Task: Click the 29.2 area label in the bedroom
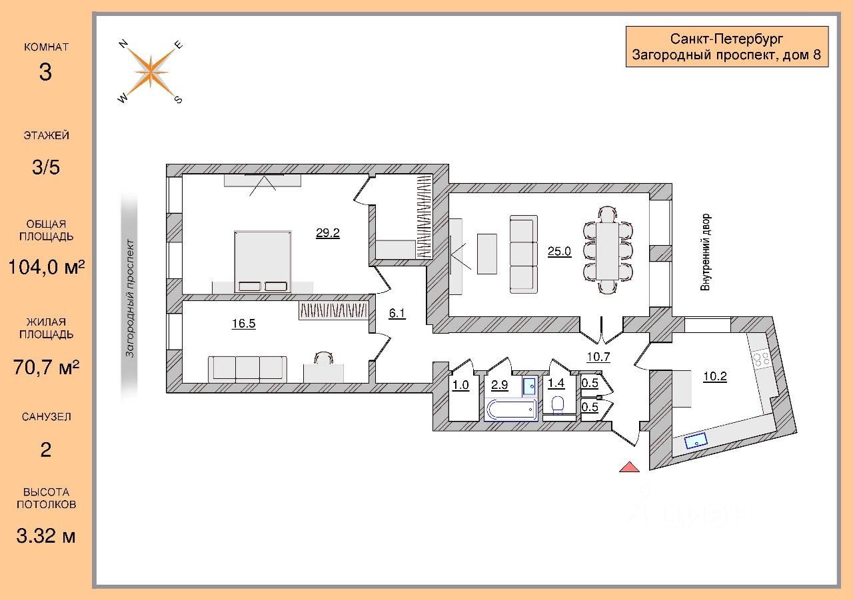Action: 327,233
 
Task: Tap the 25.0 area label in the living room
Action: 559,251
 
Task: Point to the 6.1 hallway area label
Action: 397,313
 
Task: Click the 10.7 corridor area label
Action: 598,357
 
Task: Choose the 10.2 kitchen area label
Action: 714,376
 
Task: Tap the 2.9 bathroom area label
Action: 500,384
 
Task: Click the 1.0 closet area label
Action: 460,384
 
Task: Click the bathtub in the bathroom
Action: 510,410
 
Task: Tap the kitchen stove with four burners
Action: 762,359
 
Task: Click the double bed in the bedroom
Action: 263,261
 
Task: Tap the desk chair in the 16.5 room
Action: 323,358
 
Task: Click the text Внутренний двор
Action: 705,252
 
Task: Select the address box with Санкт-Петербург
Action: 726,46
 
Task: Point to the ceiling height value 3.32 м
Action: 45,535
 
